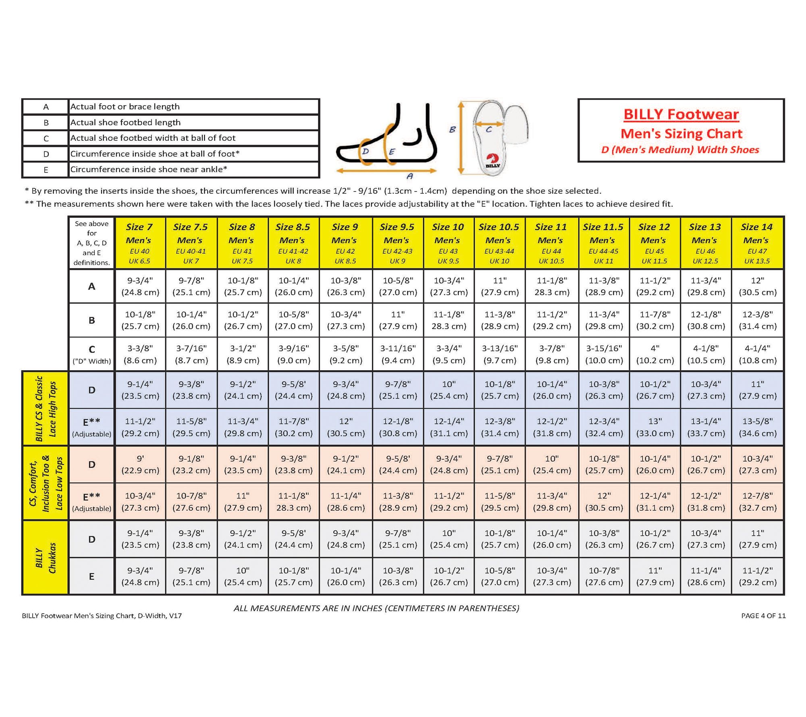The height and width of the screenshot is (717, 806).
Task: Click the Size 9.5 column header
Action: click(x=397, y=243)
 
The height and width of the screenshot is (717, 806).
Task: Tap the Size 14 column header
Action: click(x=757, y=243)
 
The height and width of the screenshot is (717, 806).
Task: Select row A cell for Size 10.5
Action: click(x=500, y=286)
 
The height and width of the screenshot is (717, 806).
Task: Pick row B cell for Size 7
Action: click(x=140, y=320)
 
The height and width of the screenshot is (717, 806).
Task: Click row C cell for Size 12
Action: click(x=654, y=354)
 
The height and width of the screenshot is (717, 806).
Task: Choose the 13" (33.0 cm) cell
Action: click(x=654, y=427)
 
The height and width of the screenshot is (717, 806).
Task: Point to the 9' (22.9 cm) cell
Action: click(x=140, y=465)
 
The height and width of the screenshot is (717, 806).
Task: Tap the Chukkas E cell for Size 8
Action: click(x=243, y=576)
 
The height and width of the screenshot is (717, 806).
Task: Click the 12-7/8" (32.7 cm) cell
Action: click(x=757, y=502)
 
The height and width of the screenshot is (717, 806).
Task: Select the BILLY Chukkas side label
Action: click(x=45, y=558)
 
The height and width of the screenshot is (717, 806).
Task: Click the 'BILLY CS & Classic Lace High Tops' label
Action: click(x=45, y=409)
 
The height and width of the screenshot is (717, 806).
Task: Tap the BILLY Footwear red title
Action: click(x=681, y=115)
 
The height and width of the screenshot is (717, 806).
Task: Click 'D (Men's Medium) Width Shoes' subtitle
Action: click(x=680, y=150)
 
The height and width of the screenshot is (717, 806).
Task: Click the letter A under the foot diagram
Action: click(x=410, y=176)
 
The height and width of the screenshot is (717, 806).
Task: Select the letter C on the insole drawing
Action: click(x=489, y=129)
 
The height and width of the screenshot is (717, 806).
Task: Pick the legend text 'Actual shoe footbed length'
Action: click(x=125, y=122)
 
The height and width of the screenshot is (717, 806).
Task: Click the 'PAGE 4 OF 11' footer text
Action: click(x=763, y=616)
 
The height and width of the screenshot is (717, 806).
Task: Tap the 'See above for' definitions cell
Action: click(x=92, y=243)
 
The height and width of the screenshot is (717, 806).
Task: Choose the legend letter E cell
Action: click(x=46, y=170)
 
